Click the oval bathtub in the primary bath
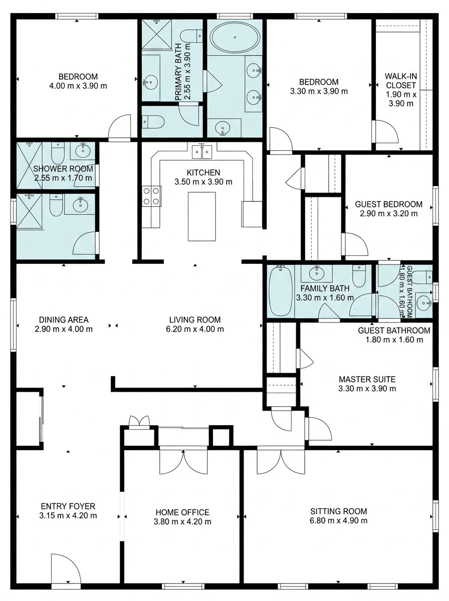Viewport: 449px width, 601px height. [x=235, y=37]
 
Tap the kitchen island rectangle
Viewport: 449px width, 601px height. [x=201, y=216]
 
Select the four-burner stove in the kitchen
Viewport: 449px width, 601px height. [x=151, y=196]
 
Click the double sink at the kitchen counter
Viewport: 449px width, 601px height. [x=202, y=152]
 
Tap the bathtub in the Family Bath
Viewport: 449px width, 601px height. [x=279, y=291]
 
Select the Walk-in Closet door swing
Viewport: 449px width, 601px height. [x=387, y=131]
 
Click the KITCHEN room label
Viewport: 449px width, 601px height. [x=203, y=172]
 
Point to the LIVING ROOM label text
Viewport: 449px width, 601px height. [x=195, y=320]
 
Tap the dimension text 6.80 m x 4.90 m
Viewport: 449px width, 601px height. [x=339, y=520]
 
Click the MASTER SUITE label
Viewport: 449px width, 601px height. [x=367, y=379]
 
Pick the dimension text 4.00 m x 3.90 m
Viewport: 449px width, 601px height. [x=78, y=86]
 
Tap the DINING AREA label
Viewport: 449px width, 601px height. [x=64, y=320]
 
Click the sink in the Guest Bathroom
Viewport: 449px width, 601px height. [x=424, y=304]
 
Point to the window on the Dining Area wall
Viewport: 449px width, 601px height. [x=13, y=325]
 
